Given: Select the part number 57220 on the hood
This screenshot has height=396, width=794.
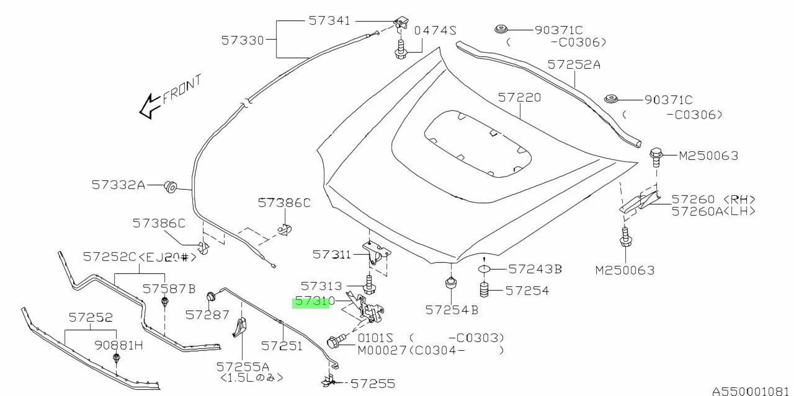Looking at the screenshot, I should click(519, 98).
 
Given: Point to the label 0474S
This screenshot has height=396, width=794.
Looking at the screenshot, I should click(435, 30).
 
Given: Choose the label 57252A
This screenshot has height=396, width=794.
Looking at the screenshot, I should click(574, 64).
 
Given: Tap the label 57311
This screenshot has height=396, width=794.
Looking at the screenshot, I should click(331, 254).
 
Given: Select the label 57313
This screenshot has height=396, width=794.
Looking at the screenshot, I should click(321, 286).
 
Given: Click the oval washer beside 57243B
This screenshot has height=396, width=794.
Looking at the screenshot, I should click(484, 270).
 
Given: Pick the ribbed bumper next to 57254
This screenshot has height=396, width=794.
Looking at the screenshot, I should click(484, 290).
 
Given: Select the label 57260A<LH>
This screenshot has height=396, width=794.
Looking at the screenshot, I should click(713, 211).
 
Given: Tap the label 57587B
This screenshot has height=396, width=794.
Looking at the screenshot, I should click(169, 288).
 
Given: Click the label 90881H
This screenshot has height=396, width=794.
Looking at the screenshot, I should click(119, 345).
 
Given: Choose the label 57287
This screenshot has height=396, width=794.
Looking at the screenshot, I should click(207, 315).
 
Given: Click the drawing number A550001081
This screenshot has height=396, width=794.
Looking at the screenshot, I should click(752, 391).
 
